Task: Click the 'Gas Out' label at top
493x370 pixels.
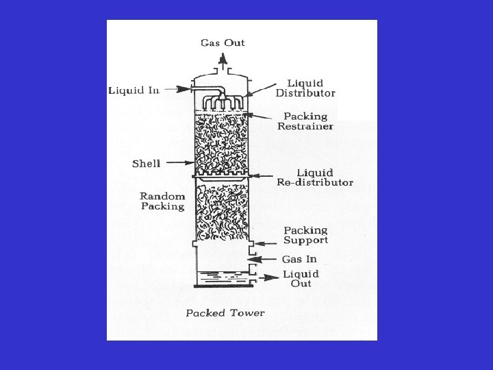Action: (223, 42)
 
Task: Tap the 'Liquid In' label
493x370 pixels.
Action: (134, 90)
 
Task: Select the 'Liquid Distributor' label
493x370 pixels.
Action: (305, 88)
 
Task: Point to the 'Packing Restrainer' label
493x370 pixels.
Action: (305, 121)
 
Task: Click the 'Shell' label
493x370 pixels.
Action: (147, 163)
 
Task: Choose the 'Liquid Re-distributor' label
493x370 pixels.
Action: (315, 177)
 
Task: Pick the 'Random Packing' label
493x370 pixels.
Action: (163, 201)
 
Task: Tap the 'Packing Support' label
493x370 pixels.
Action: (305, 235)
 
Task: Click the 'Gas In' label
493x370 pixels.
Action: (299, 259)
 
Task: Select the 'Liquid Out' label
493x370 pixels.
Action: (301, 279)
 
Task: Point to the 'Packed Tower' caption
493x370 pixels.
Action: (225, 313)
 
